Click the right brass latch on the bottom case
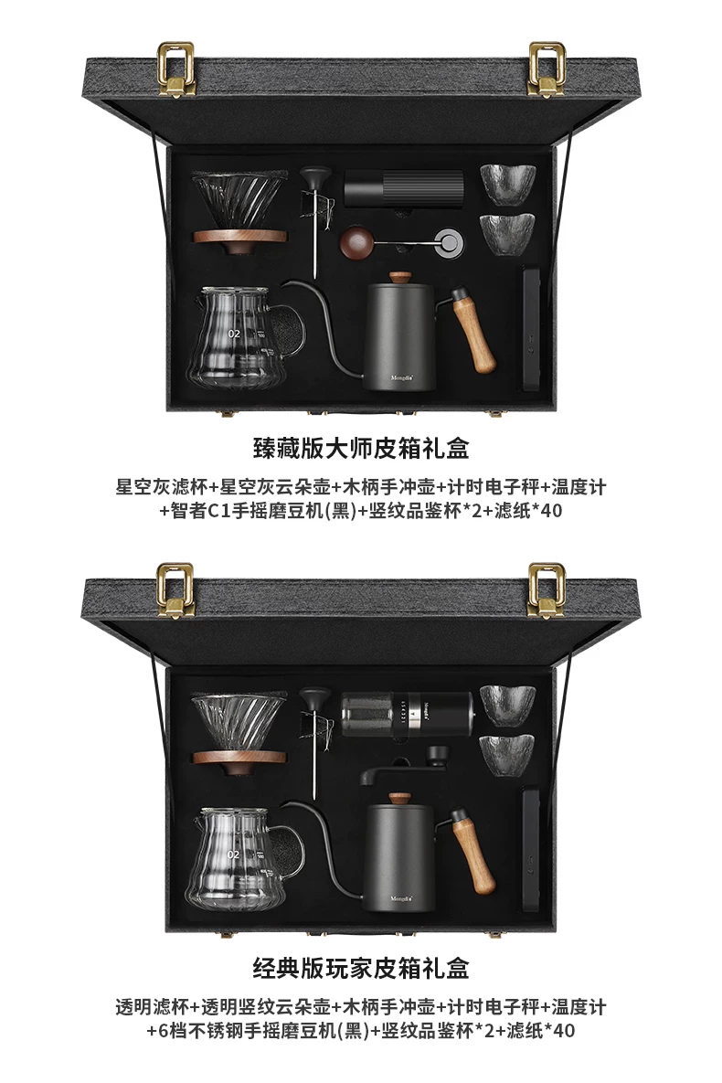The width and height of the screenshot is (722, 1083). [547, 589]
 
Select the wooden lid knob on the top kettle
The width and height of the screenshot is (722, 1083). [399, 279]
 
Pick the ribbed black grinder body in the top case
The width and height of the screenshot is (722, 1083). [404, 188]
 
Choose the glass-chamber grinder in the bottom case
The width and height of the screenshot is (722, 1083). [407, 711]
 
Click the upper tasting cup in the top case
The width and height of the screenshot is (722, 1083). [508, 183]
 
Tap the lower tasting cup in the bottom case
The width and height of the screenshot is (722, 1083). [508, 754]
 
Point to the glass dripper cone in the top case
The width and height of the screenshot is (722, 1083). [239, 201]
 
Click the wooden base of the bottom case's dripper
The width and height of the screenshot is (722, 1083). [239, 759]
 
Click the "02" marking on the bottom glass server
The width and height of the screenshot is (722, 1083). [234, 855]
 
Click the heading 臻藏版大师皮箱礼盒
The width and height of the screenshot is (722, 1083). [361, 449]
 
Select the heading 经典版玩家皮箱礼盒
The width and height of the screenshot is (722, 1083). [361, 969]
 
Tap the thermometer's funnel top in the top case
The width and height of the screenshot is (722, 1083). [315, 176]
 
